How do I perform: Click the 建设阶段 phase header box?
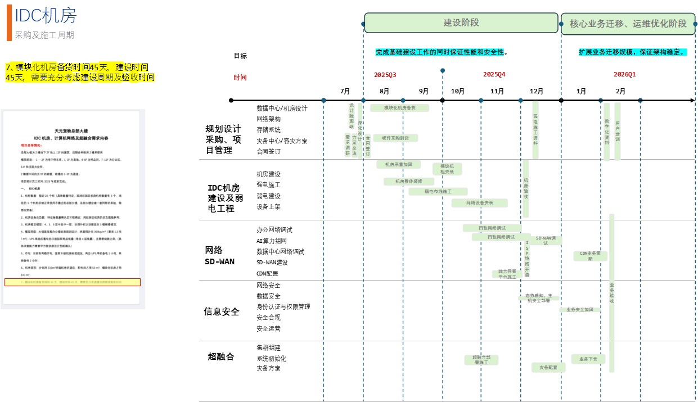click(x=461, y=23)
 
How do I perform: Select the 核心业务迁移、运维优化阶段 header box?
click(x=628, y=24)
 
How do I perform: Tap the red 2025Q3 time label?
click(x=385, y=75)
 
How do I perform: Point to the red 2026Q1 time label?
click(x=624, y=75)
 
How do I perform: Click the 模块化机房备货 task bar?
click(x=399, y=108)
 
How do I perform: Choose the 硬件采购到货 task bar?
click(x=395, y=138)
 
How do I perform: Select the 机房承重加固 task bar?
click(x=399, y=165)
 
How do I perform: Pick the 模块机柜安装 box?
click(x=447, y=169)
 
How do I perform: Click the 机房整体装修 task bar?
click(x=409, y=182)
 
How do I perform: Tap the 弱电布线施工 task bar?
click(x=438, y=192)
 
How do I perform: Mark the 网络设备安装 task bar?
click(x=480, y=203)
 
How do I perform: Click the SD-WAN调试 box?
click(x=546, y=240)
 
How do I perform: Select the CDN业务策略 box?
click(x=591, y=256)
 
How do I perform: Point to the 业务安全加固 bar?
click(x=579, y=310)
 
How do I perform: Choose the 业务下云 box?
click(x=588, y=359)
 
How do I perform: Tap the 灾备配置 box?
click(x=548, y=367)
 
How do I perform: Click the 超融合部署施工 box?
click(x=481, y=360)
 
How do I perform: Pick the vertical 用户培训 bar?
click(x=618, y=131)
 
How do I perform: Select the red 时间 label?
click(x=240, y=78)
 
